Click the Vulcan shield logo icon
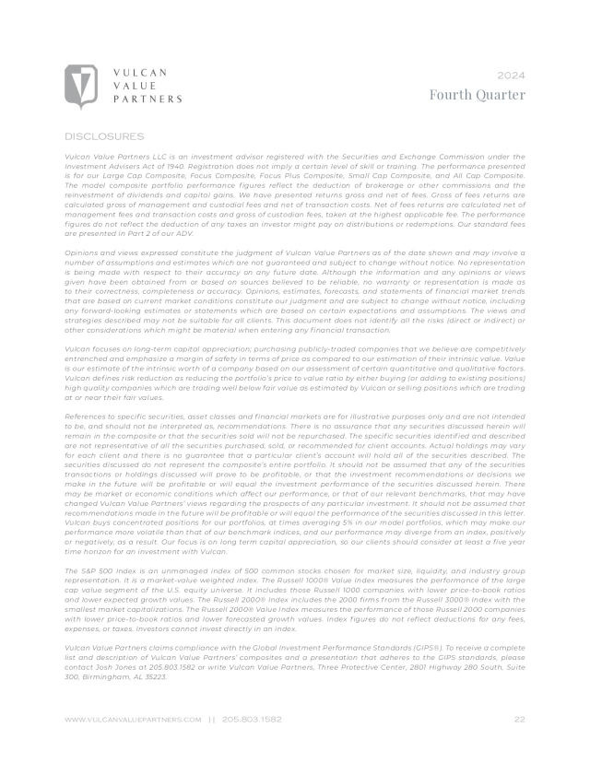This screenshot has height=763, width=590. pyautogui.click(x=81, y=87)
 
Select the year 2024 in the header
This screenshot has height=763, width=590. pyautogui.click(x=511, y=73)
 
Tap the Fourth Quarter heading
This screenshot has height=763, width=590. pyautogui.click(x=478, y=94)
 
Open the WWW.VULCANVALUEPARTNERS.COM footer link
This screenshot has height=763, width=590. pyautogui.click(x=133, y=719)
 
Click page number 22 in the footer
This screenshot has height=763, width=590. pyautogui.click(x=519, y=719)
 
